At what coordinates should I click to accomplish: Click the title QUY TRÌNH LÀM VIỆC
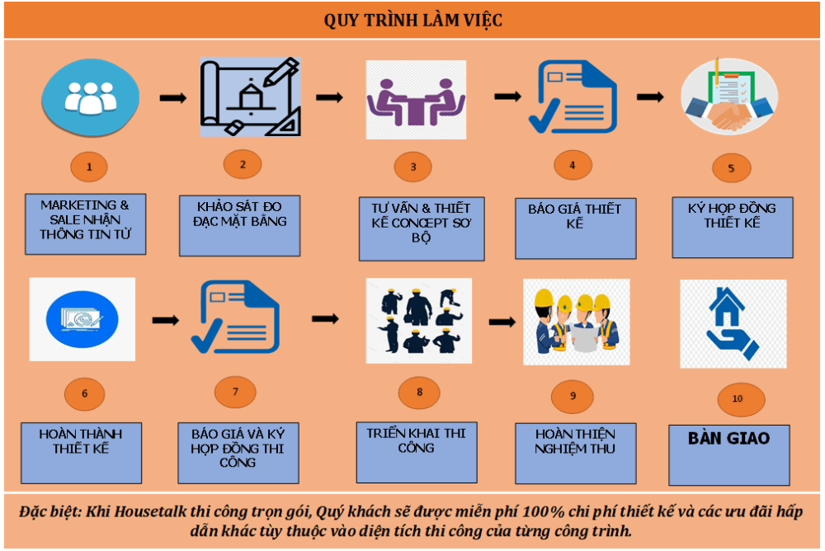pyautogui.click(x=413, y=21)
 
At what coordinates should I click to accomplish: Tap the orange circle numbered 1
pyautogui.click(x=89, y=167)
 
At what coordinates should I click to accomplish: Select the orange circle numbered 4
pyautogui.click(x=573, y=165)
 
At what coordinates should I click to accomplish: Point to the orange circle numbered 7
pyautogui.click(x=235, y=392)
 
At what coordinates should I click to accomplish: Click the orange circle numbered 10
pyautogui.click(x=742, y=399)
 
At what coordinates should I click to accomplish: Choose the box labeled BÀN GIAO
pyautogui.click(x=728, y=454)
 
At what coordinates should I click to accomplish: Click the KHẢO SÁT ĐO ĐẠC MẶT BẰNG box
pyautogui.click(x=239, y=226)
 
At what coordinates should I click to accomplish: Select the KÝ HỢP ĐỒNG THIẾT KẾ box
pyautogui.click(x=733, y=228)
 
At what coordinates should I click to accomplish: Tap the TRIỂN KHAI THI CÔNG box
pyautogui.click(x=417, y=452)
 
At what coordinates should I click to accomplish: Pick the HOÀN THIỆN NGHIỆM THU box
pyautogui.click(x=576, y=453)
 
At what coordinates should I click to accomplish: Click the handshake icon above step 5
pyautogui.click(x=729, y=97)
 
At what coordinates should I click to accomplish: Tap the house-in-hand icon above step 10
pyautogui.click(x=733, y=323)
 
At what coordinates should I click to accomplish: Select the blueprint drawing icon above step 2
pyautogui.click(x=250, y=97)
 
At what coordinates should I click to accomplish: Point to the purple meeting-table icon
pyautogui.click(x=416, y=100)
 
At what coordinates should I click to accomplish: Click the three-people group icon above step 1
pyautogui.click(x=91, y=98)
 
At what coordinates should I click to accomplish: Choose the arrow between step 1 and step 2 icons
pyautogui.click(x=173, y=98)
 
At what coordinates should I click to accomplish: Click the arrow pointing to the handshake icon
pyautogui.click(x=650, y=97)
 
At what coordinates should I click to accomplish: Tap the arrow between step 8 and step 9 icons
pyautogui.click(x=502, y=322)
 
